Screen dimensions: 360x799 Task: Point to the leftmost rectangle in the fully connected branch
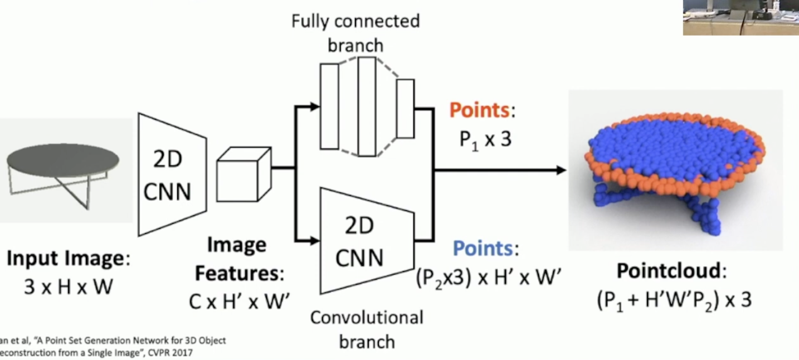click(329, 106)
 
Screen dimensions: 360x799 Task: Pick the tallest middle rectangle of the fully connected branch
click(367, 106)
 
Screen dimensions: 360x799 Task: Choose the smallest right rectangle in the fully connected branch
click(405, 108)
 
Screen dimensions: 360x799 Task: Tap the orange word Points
click(479, 110)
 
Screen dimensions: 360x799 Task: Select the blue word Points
click(483, 249)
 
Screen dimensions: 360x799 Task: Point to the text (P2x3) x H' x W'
click(488, 277)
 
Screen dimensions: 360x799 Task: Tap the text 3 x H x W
click(68, 286)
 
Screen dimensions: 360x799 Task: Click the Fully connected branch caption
click(355, 32)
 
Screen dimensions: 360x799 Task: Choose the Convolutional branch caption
click(366, 329)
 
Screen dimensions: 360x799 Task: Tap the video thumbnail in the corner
click(740, 17)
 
